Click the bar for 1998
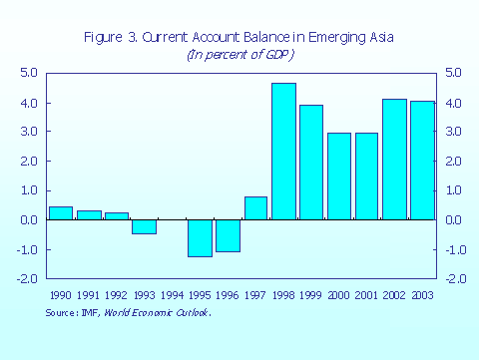click(x=283, y=151)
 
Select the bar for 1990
click(x=61, y=212)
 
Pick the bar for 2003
click(x=422, y=160)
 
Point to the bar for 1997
click(x=255, y=207)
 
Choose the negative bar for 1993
click(x=145, y=226)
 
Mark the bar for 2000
click(x=338, y=176)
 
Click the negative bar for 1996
click(x=228, y=235)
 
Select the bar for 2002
click(x=394, y=159)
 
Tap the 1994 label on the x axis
click(x=173, y=297)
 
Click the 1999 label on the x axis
click(x=311, y=297)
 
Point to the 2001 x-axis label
click(x=367, y=297)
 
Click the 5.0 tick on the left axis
click(x=29, y=74)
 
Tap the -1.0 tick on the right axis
click(x=452, y=250)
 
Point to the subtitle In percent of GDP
click(x=239, y=54)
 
